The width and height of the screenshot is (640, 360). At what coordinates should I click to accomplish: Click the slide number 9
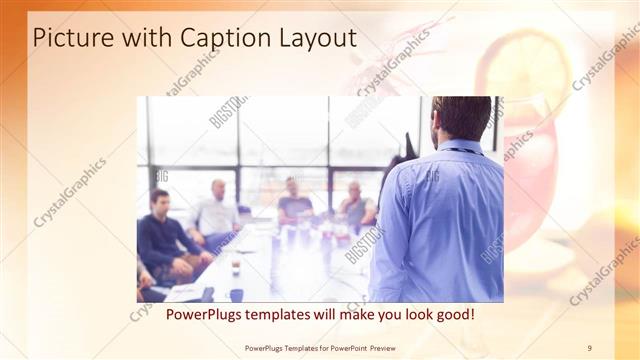click(x=590, y=347)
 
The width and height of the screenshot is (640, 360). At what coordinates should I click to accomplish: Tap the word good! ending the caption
click(x=452, y=314)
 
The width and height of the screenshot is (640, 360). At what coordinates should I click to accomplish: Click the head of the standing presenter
click(x=462, y=118)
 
